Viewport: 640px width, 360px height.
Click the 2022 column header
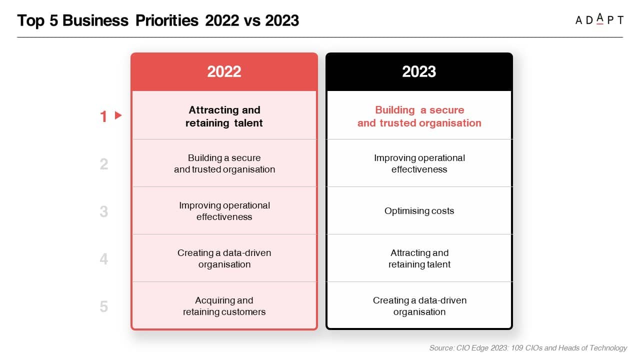pos(224,71)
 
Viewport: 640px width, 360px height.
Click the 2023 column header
pos(419,71)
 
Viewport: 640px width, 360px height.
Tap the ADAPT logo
pos(599,19)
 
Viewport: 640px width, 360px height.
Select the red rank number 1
pos(103,116)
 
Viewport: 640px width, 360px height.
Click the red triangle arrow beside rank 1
pos(118,115)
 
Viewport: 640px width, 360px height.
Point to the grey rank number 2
pos(104,164)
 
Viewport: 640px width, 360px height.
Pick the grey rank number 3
pos(104,211)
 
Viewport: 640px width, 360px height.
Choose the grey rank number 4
pos(104,259)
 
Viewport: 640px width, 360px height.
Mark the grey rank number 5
pos(104,306)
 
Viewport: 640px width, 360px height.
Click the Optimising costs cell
pos(419,211)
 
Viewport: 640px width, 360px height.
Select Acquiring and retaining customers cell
pos(224,306)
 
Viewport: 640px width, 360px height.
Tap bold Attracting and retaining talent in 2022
pos(224,116)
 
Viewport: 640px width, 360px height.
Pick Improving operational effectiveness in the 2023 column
pos(419,163)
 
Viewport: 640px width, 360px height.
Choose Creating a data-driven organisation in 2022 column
pos(224,258)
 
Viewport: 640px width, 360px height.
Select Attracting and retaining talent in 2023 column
pos(419,258)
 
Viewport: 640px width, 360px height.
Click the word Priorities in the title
pos(167,20)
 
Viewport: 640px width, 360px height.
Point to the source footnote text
pos(528,348)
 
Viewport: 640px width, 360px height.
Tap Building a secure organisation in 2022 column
pos(224,163)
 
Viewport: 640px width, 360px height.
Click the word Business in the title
pos(95,20)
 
